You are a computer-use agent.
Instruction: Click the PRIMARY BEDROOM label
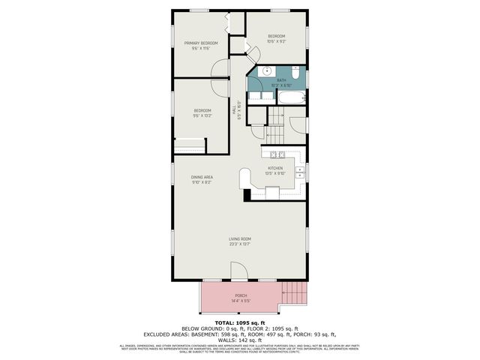point(201,43)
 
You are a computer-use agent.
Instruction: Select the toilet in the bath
point(296,74)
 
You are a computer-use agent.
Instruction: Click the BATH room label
point(281,80)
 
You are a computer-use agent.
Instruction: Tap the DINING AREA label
point(202,177)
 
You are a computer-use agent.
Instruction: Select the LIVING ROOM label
point(240,239)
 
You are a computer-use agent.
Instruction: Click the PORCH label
point(240,295)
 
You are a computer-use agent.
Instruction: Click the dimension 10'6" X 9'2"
point(276,41)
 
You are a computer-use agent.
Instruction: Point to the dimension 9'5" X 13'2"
point(202,115)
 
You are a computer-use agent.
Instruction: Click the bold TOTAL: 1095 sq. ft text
point(240,322)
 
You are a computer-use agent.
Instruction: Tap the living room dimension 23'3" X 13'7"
point(240,244)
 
